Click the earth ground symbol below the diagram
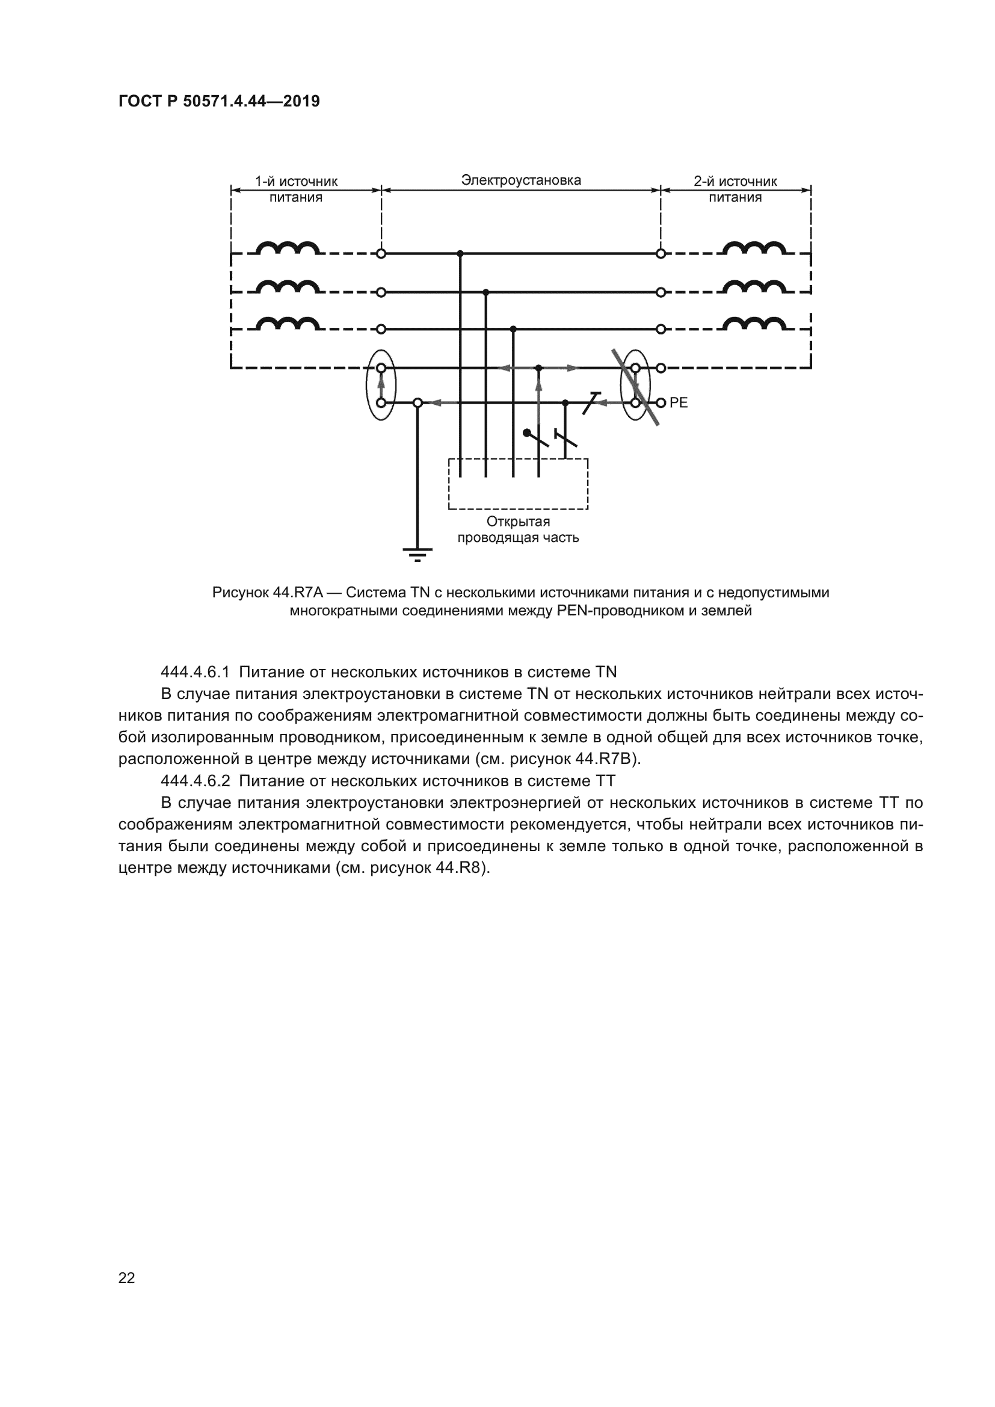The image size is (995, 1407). tap(418, 555)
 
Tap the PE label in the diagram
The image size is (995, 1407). tap(679, 403)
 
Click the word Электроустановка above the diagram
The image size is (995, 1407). tap(521, 180)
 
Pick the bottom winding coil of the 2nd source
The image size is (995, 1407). tap(755, 323)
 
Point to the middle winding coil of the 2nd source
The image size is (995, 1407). tap(755, 286)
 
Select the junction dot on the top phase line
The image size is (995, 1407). tap(460, 253)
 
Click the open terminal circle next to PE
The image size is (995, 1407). tap(661, 402)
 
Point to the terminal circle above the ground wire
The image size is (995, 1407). tap(418, 402)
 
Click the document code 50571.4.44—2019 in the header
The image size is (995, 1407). tap(251, 101)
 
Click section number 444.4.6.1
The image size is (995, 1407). tap(195, 673)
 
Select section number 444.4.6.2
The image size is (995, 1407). tap(195, 781)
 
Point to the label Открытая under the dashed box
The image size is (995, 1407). tap(519, 522)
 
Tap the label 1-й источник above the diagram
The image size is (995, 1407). tap(296, 182)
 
